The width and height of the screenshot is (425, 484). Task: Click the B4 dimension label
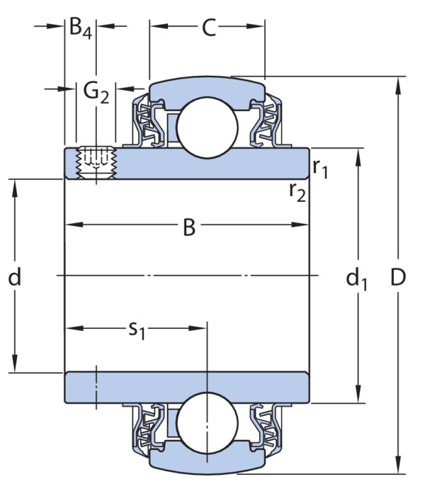pyautogui.click(x=80, y=28)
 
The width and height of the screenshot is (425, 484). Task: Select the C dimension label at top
pyautogui.click(x=209, y=28)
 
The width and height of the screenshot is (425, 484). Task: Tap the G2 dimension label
pyautogui.click(x=96, y=93)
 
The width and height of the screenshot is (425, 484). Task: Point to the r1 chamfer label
pyautogui.click(x=320, y=169)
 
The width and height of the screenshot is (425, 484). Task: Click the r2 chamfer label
pyautogui.click(x=297, y=192)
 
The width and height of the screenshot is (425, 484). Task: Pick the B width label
pyautogui.click(x=189, y=227)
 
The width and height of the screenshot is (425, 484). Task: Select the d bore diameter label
pyautogui.click(x=14, y=276)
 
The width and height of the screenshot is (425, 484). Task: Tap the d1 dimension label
pyautogui.click(x=356, y=278)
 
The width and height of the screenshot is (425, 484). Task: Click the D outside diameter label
pyautogui.click(x=398, y=277)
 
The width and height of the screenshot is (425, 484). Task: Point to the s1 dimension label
pyautogui.click(x=137, y=330)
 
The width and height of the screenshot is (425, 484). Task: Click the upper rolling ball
pyautogui.click(x=207, y=127)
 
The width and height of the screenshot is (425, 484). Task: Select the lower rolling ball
pyautogui.click(x=207, y=423)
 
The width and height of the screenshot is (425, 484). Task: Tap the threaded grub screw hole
pyautogui.click(x=96, y=163)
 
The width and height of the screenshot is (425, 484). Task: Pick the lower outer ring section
pyautogui.click(x=207, y=461)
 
